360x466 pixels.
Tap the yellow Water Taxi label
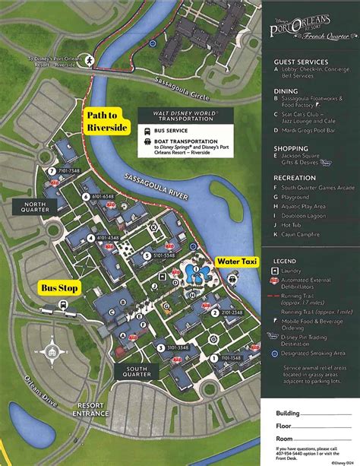238,262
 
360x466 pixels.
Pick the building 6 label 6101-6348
102,196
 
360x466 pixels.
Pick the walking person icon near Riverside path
90,59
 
